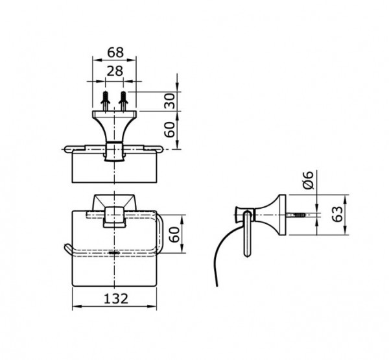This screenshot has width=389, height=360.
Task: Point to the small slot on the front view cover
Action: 115,250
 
